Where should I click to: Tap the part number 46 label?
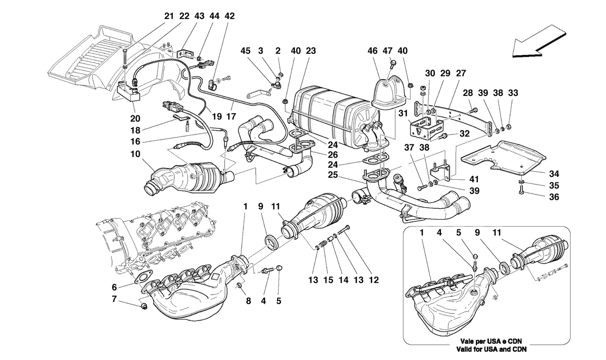(x=373, y=51)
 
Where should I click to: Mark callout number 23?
(x=311, y=51)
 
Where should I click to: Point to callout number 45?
(x=246, y=51)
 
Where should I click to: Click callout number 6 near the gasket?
(x=114, y=287)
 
